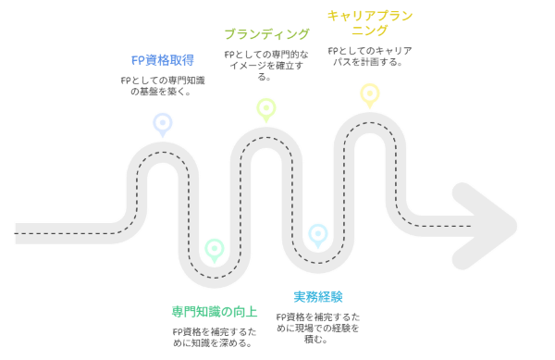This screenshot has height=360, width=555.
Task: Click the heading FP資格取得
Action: pos(163,60)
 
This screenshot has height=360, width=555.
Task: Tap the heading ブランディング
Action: pos(266,34)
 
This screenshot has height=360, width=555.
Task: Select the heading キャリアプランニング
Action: pos(370,22)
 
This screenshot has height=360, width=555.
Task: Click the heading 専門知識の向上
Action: pos(215,312)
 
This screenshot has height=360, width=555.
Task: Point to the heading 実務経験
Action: pos(318,297)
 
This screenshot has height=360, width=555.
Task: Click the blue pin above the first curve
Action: pos(163,125)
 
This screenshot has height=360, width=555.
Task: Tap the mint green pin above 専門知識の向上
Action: pos(215,251)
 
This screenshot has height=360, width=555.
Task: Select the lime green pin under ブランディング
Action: pos(266,110)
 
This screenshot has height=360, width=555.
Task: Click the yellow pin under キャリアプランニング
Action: pos(370,95)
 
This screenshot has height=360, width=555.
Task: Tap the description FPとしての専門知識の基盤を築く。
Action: pos(163,86)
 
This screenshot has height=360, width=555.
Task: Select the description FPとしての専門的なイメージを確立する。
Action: pos(266,66)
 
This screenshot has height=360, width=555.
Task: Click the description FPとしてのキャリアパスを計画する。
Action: pos(370,56)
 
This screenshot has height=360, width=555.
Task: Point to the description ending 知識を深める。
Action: pos(215,338)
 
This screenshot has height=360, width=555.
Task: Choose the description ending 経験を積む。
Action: pos(318,328)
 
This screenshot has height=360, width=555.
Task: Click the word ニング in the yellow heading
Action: pos(370,31)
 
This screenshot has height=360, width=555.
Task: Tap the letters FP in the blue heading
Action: pos(138,60)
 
